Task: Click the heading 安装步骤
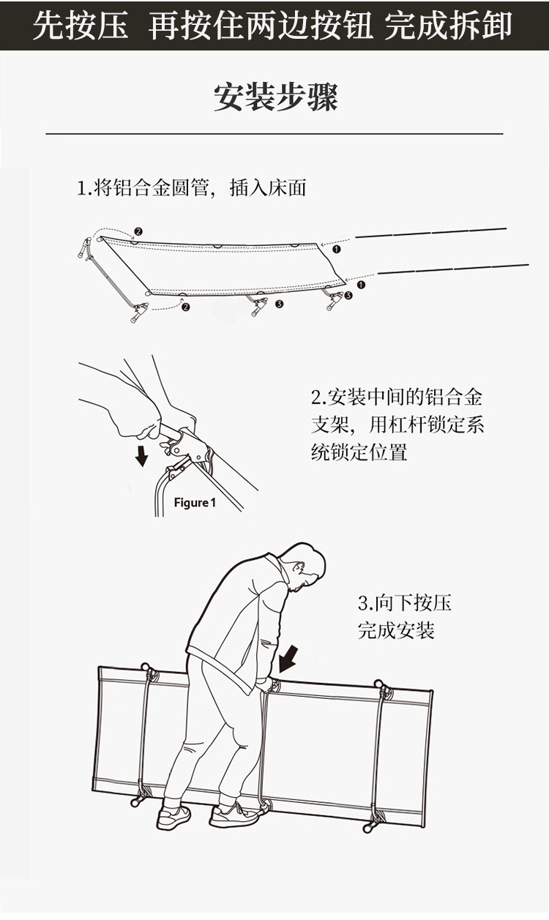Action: point(275,97)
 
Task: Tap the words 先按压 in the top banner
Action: point(81,26)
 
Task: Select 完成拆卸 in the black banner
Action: point(448,26)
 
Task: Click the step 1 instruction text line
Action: point(191,188)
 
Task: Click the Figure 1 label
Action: point(195,503)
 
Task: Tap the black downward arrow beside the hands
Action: point(142,455)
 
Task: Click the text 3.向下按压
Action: point(404,603)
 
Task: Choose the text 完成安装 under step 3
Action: point(395,630)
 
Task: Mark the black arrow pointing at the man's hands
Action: point(289,657)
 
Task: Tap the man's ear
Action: point(299,568)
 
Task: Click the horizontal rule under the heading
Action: point(274,134)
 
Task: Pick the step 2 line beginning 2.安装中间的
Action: point(397,398)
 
